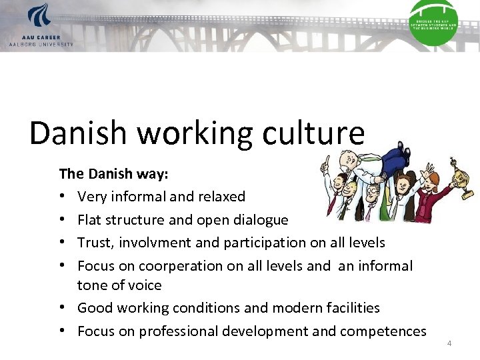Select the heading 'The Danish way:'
tap(113, 174)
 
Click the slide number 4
tap(449, 343)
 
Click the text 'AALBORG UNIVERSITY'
tap(41, 44)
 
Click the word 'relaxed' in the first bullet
tap(221, 197)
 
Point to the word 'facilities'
tap(347, 307)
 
